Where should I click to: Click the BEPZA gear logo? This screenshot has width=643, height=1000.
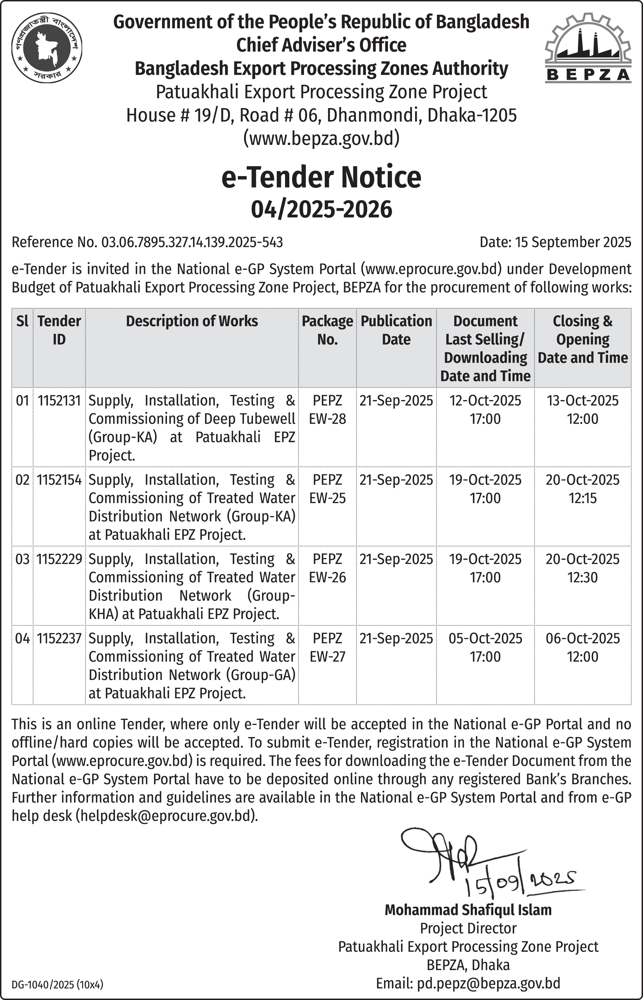(x=588, y=47)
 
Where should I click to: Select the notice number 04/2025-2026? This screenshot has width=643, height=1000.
(x=321, y=209)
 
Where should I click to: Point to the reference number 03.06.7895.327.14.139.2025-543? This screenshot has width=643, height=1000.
(x=192, y=242)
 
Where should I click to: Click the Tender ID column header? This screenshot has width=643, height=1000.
(x=59, y=330)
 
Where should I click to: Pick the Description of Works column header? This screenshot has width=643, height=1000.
(x=192, y=321)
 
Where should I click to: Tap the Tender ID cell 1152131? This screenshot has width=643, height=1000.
(x=59, y=400)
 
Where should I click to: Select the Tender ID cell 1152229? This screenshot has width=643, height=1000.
(x=59, y=559)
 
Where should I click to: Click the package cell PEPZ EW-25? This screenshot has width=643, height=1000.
(x=327, y=488)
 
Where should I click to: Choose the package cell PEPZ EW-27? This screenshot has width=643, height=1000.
(x=327, y=647)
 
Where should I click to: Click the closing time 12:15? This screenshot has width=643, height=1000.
(x=583, y=498)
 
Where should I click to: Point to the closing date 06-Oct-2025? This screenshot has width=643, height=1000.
(x=583, y=638)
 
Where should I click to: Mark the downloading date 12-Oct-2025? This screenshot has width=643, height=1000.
(x=485, y=400)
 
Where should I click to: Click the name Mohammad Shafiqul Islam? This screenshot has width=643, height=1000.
(x=468, y=910)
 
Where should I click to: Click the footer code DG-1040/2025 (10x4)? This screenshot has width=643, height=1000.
(x=57, y=985)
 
